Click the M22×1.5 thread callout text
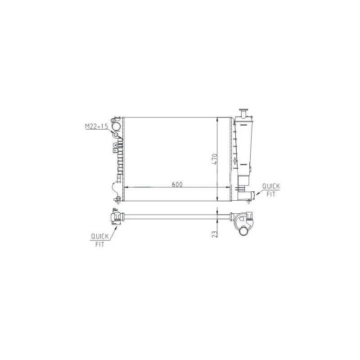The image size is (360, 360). pyautogui.click(x=96, y=126)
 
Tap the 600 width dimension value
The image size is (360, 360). pyautogui.click(x=177, y=184)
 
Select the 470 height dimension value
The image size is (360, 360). pyautogui.click(x=215, y=159)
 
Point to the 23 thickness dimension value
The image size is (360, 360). pyautogui.click(x=215, y=234)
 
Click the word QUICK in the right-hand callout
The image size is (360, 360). pyautogui.click(x=271, y=186)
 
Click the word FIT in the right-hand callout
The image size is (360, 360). pyautogui.click(x=271, y=194)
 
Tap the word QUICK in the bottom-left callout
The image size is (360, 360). pyautogui.click(x=100, y=236)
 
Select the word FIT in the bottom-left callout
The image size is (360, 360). pyautogui.click(x=99, y=244)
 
